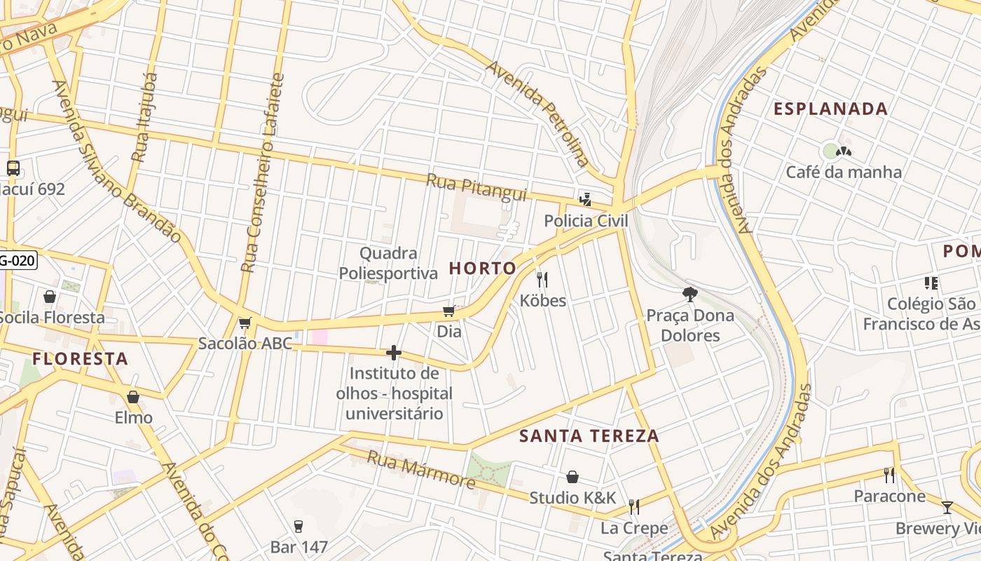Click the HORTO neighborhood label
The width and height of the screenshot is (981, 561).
point(482,269)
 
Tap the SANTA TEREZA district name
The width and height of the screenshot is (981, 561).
point(589,436)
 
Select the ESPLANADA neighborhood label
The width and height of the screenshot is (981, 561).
point(830,109)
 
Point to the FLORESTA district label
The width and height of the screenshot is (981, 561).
point(80,359)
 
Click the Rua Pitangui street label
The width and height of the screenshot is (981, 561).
point(476,188)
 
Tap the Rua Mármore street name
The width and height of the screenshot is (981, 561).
point(421,470)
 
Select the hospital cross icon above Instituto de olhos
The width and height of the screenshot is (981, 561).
point(394,353)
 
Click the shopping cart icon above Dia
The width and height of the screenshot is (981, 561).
point(449,311)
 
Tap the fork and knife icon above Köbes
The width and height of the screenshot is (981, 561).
point(542,280)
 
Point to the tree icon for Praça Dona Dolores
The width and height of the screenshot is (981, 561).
point(690,295)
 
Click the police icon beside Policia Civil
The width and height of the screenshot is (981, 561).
point(585,200)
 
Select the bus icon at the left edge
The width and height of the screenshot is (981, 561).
point(13,168)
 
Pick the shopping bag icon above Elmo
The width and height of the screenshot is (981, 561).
point(133,397)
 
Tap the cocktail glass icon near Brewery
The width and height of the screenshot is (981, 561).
point(947,507)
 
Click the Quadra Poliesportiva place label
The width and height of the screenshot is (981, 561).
point(388,263)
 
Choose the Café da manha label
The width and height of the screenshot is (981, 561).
point(844,173)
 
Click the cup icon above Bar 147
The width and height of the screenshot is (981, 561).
point(299,526)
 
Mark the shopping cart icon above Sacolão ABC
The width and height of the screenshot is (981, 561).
point(245,323)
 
